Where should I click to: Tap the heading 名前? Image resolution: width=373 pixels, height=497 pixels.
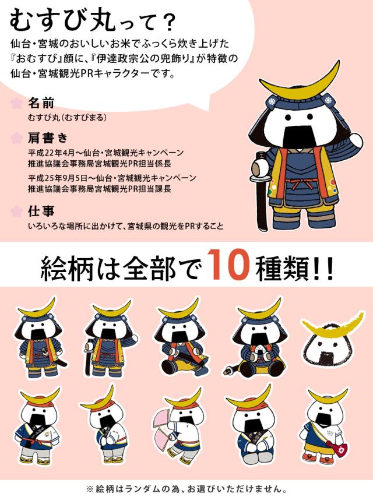coord(41,103)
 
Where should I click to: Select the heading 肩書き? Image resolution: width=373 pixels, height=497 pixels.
coord(48,138)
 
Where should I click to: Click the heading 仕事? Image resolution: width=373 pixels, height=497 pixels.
coord(41,211)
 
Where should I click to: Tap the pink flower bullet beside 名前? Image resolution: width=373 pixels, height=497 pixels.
coord(16,103)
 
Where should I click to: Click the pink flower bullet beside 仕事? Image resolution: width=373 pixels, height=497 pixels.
coord(16,212)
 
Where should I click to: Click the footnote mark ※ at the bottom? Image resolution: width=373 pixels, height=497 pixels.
coord(90,488)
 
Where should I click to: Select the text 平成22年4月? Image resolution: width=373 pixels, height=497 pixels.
coord(51,153)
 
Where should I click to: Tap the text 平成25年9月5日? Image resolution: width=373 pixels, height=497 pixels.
coord(58,178)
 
